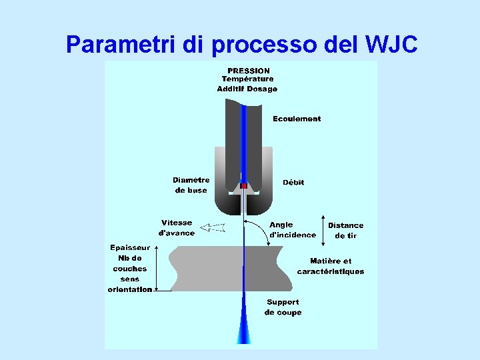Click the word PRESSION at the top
249,71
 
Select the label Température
247,79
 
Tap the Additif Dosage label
247,89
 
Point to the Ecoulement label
297,119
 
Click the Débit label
293,182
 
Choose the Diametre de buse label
191,185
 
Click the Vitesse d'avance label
177,228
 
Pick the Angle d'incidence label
292,230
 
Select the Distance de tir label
346,231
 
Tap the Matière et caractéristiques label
331,266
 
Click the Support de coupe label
283,307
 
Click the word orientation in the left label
130,289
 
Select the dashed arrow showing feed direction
213,227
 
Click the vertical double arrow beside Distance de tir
323,229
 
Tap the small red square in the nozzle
244,185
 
